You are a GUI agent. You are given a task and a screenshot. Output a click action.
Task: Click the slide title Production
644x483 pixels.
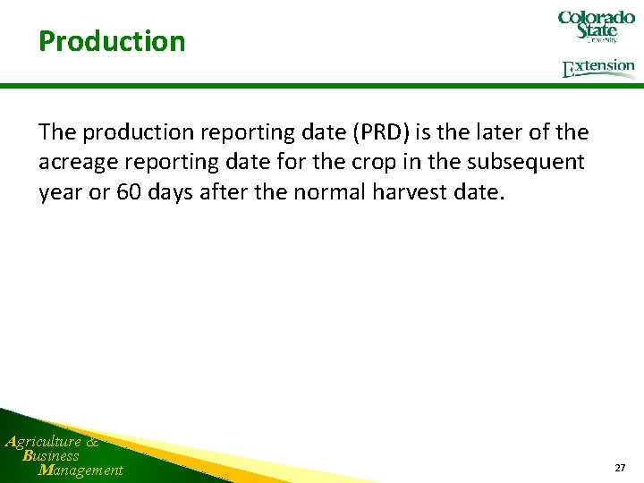tap(112, 41)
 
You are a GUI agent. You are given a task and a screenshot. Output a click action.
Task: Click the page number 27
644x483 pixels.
tap(620, 468)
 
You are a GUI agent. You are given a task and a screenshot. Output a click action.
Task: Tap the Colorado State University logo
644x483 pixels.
tap(596, 27)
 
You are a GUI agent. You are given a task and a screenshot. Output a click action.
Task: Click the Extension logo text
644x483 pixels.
tap(599, 68)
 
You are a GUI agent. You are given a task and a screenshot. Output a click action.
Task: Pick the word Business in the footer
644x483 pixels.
tap(51, 455)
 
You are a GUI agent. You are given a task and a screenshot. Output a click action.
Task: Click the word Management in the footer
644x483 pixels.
tap(80, 470)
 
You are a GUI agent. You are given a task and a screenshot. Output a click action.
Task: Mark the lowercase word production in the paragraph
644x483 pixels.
tap(148, 132)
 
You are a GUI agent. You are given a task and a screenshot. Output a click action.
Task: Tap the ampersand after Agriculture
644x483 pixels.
tap(93, 441)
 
